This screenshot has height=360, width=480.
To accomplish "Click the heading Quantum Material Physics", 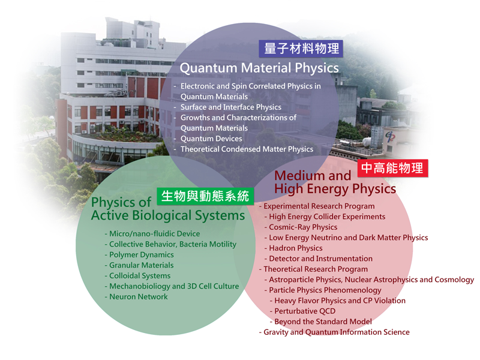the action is pos(259,68).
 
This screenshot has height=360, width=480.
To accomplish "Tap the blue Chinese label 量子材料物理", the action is pos(301,49).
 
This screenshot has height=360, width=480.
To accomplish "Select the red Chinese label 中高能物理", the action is pos(393,168).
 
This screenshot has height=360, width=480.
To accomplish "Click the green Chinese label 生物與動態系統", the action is pos(205,196).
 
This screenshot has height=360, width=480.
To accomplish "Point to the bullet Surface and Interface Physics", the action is pos(231,107).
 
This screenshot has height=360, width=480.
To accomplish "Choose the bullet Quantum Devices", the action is pos(211,139).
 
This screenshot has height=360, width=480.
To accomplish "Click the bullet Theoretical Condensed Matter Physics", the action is pos(247,149).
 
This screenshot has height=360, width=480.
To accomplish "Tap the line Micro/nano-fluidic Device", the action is pos(155,234).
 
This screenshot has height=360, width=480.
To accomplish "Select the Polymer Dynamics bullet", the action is pos(142,254).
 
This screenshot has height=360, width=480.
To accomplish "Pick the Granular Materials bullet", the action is pos(142,265).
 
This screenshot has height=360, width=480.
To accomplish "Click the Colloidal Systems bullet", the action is pos(140,276).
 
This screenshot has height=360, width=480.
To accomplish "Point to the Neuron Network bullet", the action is pos(139,296).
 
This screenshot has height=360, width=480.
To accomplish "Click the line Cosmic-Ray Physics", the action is pos(303,227).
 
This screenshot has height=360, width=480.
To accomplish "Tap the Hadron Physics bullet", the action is pos(296,248).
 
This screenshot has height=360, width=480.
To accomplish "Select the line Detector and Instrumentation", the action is pos(321,259).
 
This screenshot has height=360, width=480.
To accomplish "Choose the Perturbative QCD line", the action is pos(305,311).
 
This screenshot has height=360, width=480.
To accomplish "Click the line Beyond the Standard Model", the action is pos(323,322).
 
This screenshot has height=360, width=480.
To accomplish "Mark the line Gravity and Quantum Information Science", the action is pos(337,332).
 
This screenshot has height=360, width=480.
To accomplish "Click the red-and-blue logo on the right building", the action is pos(390,136).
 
